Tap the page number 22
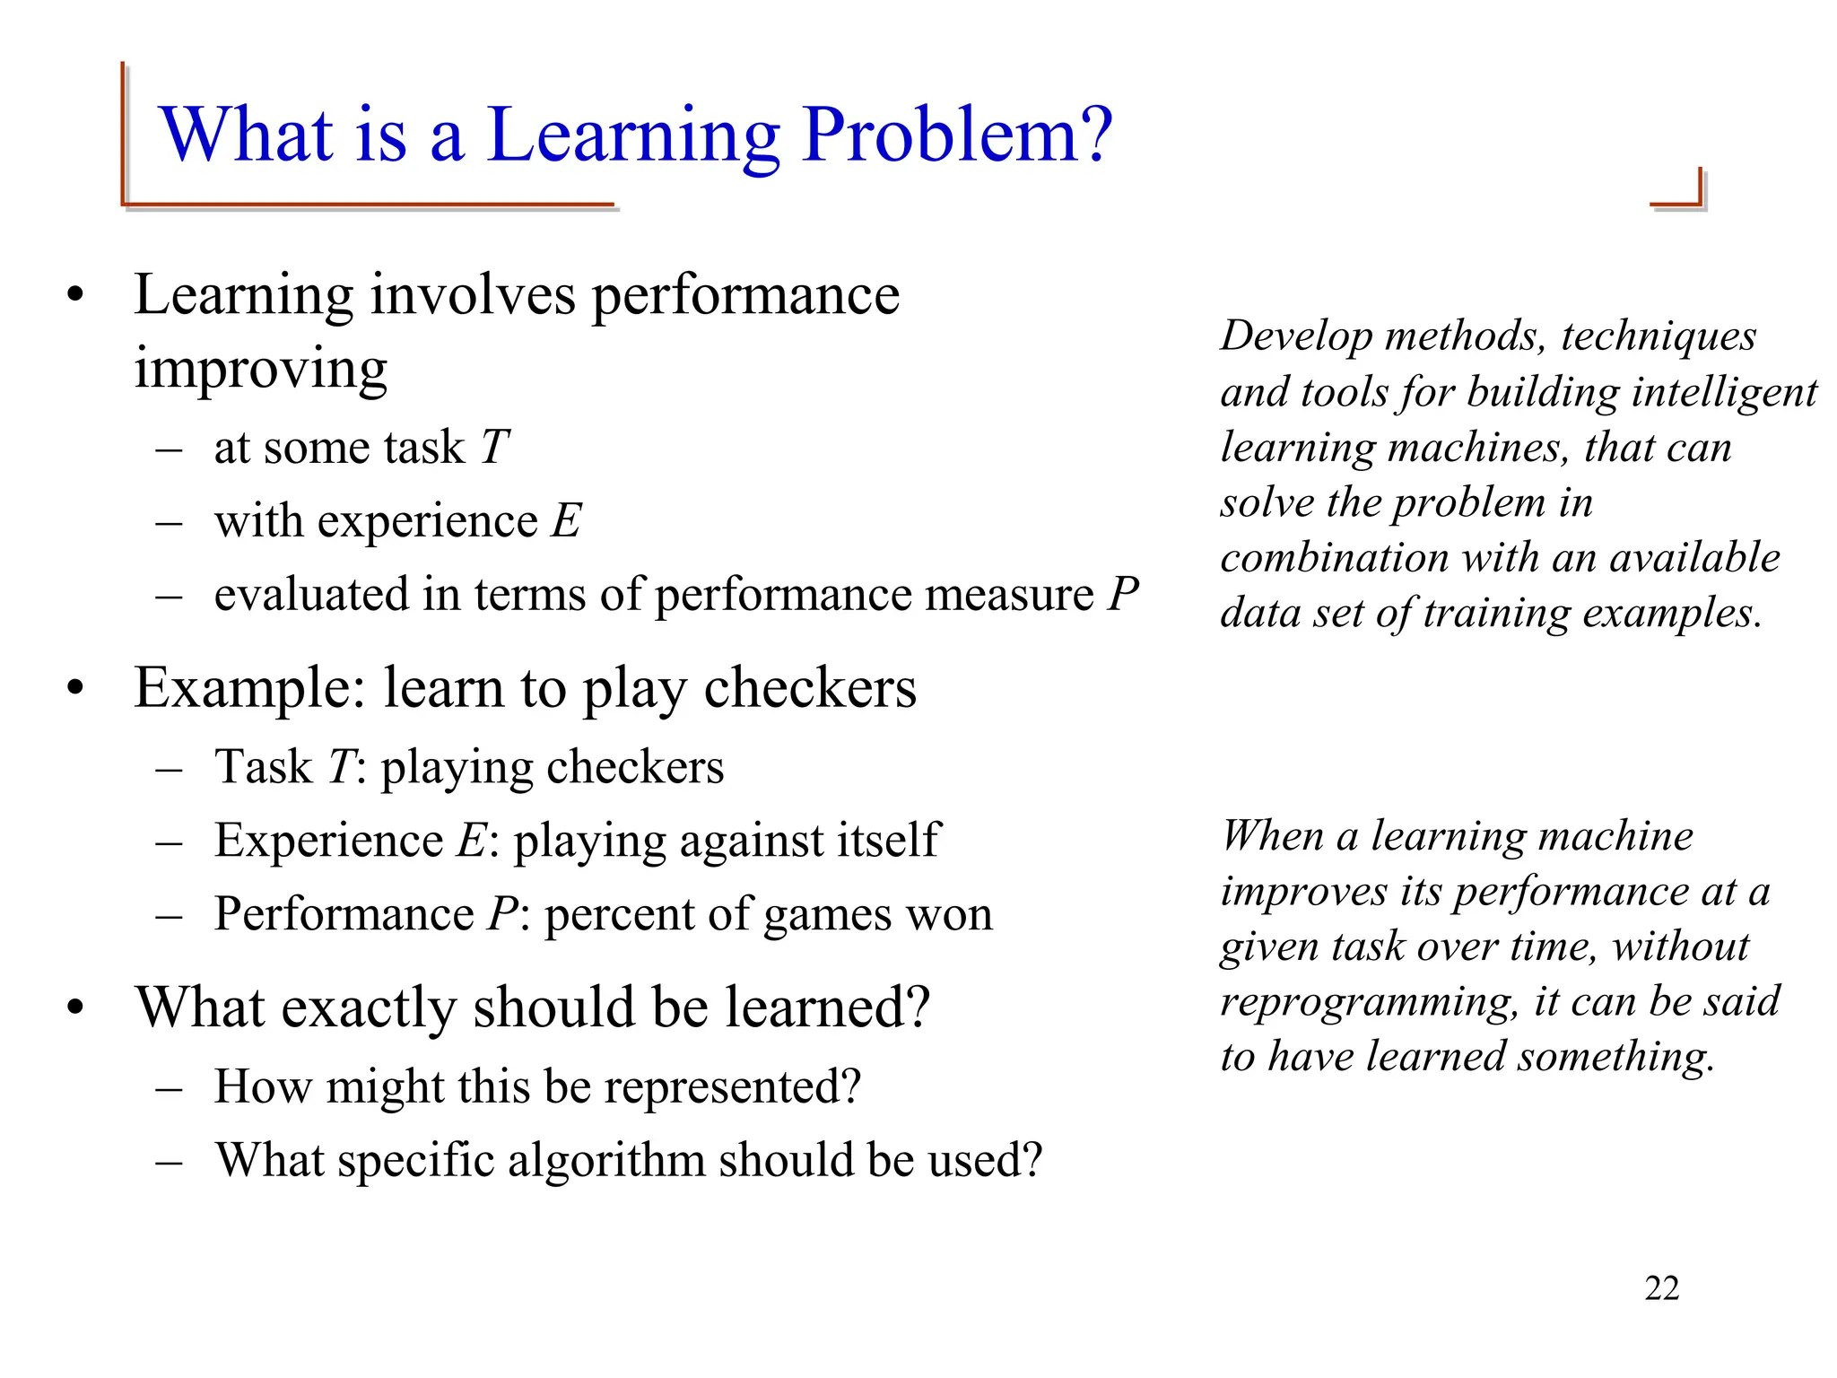pyautogui.click(x=1661, y=1288)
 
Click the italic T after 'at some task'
pyautogui.click(x=495, y=447)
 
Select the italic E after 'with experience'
pyautogui.click(x=566, y=520)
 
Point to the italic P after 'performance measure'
pyautogui.click(x=1123, y=594)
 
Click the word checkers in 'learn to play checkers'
pyautogui.click(x=810, y=689)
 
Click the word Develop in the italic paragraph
pyautogui.click(x=1296, y=337)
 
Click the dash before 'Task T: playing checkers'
pyautogui.click(x=169, y=769)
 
